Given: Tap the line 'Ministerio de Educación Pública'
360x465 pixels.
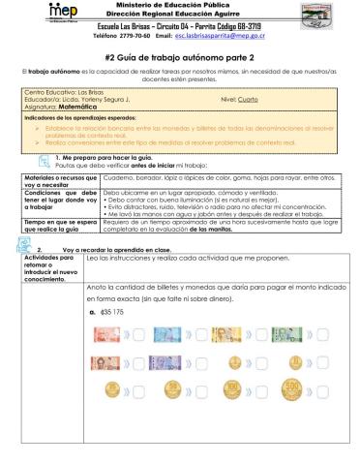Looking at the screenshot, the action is [x=180, y=6].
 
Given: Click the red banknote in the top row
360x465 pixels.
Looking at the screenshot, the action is [x=102, y=336].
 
